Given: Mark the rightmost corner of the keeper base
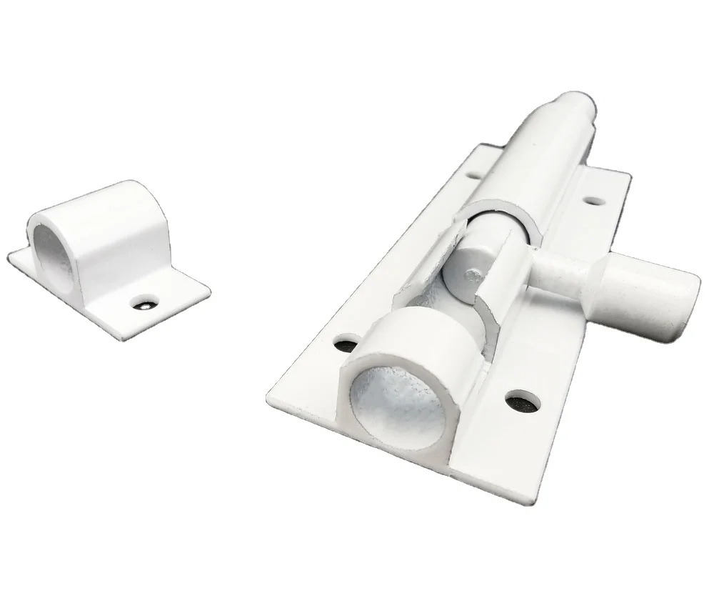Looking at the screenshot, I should tap(210, 290).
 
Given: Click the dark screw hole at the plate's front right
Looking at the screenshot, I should tap(522, 401).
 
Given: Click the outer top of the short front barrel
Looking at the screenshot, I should tap(407, 322).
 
